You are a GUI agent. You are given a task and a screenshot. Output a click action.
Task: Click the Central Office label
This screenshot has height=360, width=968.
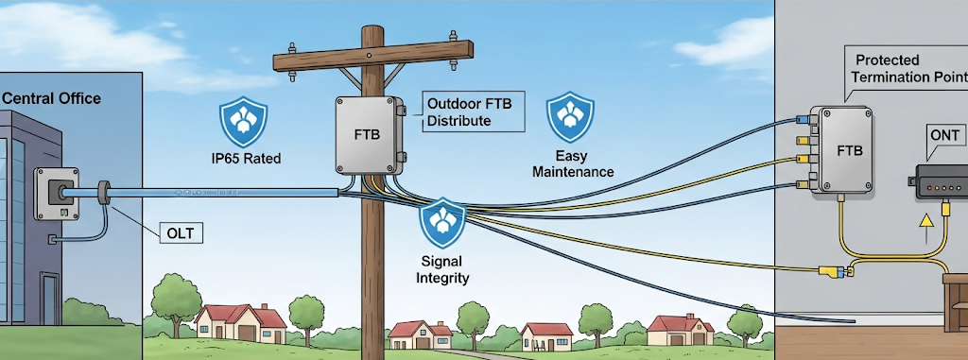[52, 98]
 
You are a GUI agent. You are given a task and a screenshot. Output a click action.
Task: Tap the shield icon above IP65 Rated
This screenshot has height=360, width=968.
[244, 119]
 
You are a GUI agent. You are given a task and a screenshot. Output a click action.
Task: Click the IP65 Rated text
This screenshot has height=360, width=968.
[244, 159]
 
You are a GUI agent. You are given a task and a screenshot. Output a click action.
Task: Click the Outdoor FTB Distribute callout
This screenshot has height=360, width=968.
[470, 112]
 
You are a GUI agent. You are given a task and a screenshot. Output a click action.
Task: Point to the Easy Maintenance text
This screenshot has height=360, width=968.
[572, 163]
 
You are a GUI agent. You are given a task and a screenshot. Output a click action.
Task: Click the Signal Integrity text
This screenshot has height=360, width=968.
[442, 269]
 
